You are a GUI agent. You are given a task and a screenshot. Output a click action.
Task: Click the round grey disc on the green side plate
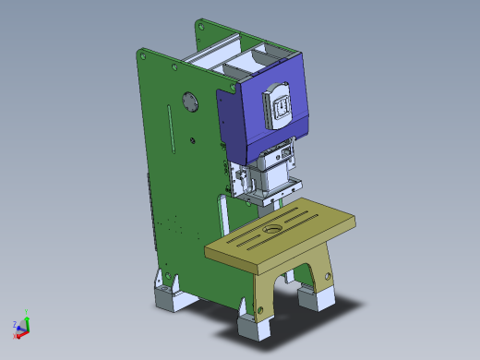point(190,101)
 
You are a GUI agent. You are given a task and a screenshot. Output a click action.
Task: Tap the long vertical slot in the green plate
point(170,130)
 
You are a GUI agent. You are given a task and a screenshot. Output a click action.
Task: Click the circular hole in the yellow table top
point(273,228)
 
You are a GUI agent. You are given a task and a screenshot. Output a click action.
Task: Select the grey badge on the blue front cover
point(280,105)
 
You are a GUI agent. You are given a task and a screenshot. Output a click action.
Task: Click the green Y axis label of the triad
point(28,312)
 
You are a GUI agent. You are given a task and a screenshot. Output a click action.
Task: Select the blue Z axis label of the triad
point(15,324)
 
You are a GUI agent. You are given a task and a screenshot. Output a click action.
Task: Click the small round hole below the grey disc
point(192,139)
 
